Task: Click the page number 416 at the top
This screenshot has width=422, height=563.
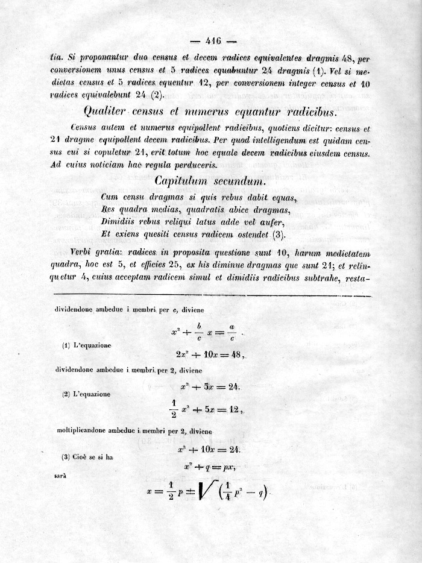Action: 214,41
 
